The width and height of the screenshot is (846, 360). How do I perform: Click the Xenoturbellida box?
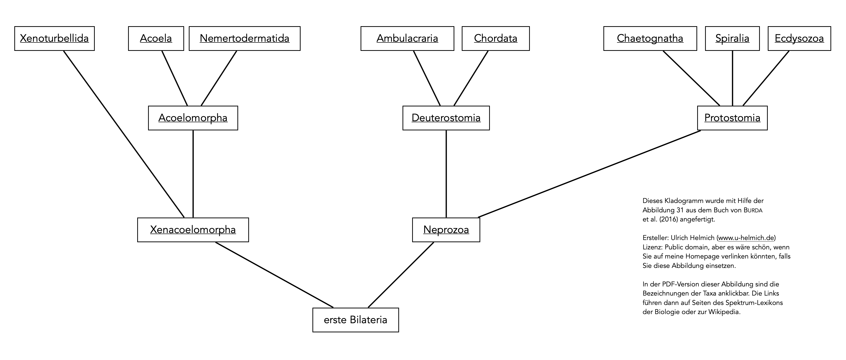[55, 39]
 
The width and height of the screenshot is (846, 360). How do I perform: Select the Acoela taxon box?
[156, 39]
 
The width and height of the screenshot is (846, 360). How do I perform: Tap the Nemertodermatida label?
[244, 39]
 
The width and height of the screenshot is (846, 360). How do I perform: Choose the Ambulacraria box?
[407, 39]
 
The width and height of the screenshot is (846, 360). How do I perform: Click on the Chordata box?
[496, 39]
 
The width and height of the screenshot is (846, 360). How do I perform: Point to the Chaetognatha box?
[650, 39]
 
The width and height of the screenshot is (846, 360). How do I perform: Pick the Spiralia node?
[732, 39]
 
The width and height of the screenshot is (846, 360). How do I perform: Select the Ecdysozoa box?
[799, 39]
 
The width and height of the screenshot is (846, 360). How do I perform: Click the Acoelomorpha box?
[193, 118]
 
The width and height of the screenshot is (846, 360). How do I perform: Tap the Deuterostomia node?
[446, 118]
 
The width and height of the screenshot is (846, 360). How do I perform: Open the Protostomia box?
[732, 118]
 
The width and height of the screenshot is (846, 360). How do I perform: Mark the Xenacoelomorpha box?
[193, 230]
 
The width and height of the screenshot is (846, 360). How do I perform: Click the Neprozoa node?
[446, 230]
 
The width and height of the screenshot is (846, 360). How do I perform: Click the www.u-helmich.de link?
[746, 238]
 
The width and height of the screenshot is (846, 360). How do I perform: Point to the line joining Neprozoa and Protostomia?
[590, 174]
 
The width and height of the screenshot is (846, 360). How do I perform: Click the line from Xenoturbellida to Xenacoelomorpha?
[124, 134]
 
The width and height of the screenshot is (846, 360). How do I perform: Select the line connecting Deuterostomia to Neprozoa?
[446, 174]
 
